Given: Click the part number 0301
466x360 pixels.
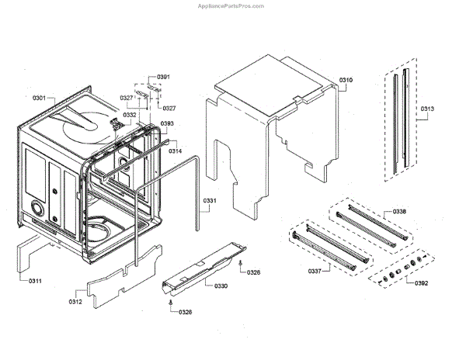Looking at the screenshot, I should pyautogui.click(x=39, y=99).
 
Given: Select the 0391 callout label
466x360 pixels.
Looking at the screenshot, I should pyautogui.click(x=164, y=77).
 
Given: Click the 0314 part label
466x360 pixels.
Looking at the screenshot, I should pyautogui.click(x=176, y=151).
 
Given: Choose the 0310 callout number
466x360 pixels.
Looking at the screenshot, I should pyautogui.click(x=346, y=81).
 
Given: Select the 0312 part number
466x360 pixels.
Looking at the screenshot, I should pyautogui.click(x=76, y=301).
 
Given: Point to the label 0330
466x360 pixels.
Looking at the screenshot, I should pyautogui.click(x=221, y=286).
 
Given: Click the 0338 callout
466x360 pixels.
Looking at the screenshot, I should pyautogui.click(x=420, y=211).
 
